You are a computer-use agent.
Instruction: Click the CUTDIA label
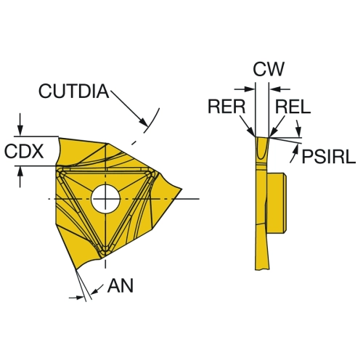click(x=74, y=91)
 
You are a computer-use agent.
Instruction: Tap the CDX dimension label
click(x=24, y=151)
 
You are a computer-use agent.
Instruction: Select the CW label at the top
click(x=269, y=69)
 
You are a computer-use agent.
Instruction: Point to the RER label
click(x=227, y=107)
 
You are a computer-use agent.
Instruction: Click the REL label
click(x=293, y=107)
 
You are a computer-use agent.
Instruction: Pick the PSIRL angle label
click(x=329, y=157)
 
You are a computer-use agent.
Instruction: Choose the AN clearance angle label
click(x=121, y=285)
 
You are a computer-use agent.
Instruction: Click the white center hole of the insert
click(x=105, y=199)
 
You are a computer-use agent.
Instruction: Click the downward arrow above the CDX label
click(x=20, y=125)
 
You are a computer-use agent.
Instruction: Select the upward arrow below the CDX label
click(x=20, y=177)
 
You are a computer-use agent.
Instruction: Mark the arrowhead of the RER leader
click(x=252, y=133)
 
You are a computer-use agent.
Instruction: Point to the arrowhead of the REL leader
click(x=272, y=133)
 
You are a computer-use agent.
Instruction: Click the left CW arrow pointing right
click(x=245, y=89)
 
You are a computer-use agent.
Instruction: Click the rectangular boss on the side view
click(x=277, y=203)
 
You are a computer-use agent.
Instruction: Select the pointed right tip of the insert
click(x=181, y=189)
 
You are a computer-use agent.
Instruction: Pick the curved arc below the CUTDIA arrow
click(x=152, y=121)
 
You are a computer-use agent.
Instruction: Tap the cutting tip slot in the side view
click(x=262, y=148)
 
